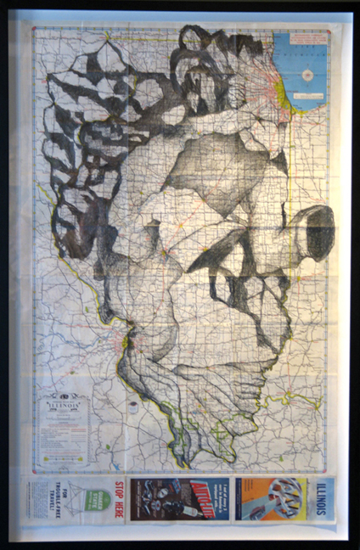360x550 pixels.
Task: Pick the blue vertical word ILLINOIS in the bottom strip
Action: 323,498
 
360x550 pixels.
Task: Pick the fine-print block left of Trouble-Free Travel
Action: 38,500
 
